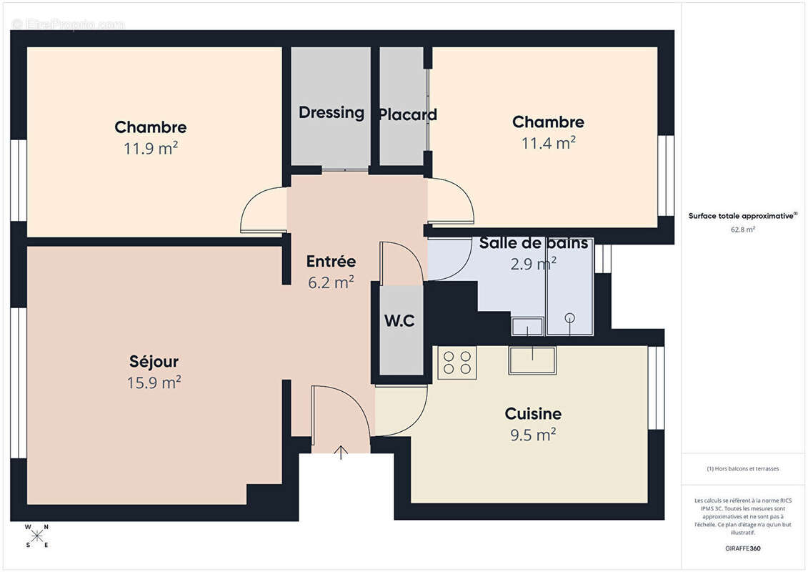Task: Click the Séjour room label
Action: (x=154, y=362)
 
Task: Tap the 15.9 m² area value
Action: (x=154, y=383)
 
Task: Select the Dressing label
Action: (x=331, y=112)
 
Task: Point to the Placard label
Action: (x=407, y=114)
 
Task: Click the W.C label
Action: (x=400, y=322)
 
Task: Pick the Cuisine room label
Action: (x=533, y=414)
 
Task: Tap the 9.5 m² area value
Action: (x=533, y=435)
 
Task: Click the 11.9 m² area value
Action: (x=151, y=149)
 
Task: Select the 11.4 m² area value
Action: (x=548, y=143)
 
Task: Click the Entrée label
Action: (x=331, y=262)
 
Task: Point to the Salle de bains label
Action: (x=534, y=243)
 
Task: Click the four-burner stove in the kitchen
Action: (x=457, y=362)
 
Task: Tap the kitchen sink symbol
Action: (x=532, y=360)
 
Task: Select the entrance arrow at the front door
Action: (x=341, y=452)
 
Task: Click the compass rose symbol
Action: (x=37, y=536)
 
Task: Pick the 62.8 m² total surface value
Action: (x=743, y=230)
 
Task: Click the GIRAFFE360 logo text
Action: (x=743, y=549)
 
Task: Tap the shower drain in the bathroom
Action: (x=569, y=317)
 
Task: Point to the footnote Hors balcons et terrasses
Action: (x=743, y=469)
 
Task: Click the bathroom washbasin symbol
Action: (x=528, y=327)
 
